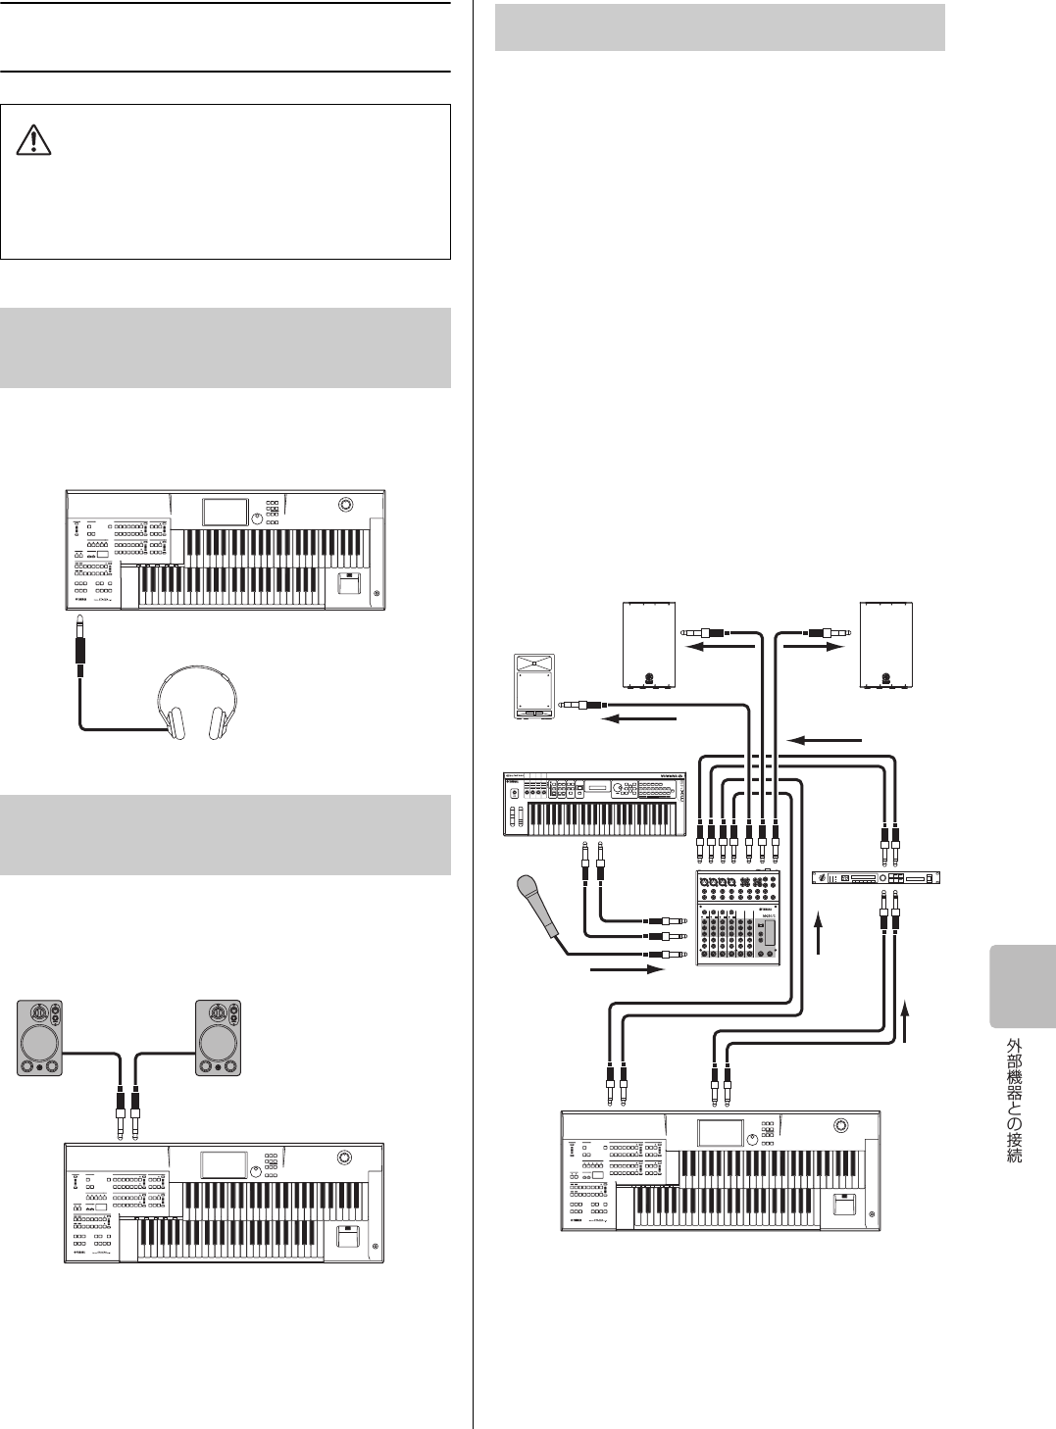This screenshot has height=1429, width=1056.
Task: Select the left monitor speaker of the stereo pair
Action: pyautogui.click(x=40, y=1038)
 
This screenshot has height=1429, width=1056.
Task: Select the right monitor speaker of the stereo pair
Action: pyautogui.click(x=218, y=1038)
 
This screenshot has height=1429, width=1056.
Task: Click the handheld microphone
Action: pyautogui.click(x=538, y=907)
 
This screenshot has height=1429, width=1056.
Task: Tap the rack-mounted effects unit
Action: pyautogui.click(x=876, y=877)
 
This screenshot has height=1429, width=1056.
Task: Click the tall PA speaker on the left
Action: pyautogui.click(x=650, y=645)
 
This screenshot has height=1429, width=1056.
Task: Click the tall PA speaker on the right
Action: pyautogui.click(x=886, y=645)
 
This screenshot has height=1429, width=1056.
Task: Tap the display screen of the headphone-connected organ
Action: pyautogui.click(x=226, y=512)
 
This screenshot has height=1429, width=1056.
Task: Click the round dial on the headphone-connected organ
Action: pyautogui.click(x=345, y=505)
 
